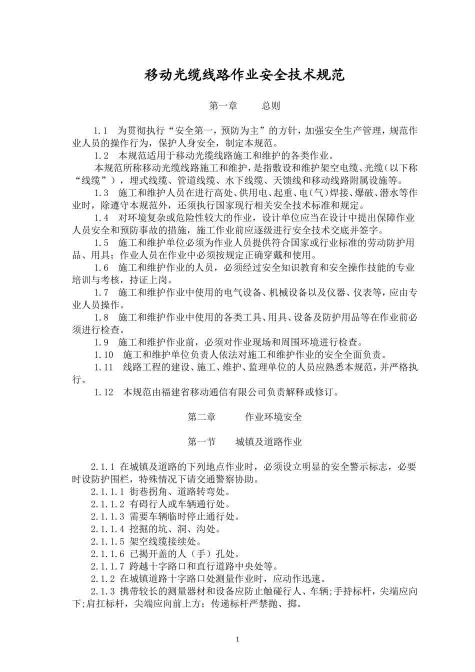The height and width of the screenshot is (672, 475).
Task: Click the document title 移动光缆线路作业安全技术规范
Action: point(244,75)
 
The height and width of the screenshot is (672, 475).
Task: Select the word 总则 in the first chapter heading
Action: point(271,106)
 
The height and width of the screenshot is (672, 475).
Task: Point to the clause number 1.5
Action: point(101,243)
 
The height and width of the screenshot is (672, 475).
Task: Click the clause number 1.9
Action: point(101,342)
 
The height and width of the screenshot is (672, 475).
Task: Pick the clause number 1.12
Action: point(103,392)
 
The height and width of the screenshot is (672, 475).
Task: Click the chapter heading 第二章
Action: point(201,417)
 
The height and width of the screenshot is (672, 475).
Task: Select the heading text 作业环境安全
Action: point(273,417)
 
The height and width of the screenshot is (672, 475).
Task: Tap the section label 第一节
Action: point(201,442)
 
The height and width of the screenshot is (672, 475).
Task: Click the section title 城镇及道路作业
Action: point(269,442)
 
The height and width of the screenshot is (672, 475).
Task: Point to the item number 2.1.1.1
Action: point(107,492)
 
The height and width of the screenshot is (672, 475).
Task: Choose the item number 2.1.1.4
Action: point(107,529)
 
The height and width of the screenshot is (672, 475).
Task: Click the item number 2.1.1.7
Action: point(107,566)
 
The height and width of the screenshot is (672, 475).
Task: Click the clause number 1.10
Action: point(103,355)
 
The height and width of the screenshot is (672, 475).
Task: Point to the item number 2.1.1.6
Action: point(107,554)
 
